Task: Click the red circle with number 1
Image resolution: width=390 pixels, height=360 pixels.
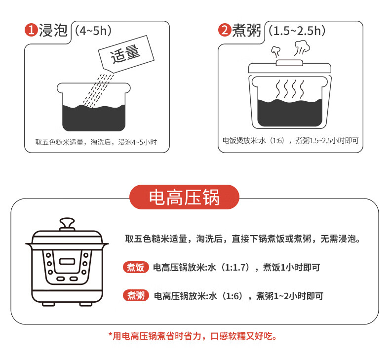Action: point(31,30)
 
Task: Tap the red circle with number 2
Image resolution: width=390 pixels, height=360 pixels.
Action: point(225,30)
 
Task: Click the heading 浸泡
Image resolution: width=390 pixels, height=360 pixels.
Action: point(53,30)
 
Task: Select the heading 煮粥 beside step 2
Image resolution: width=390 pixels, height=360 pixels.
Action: point(246,30)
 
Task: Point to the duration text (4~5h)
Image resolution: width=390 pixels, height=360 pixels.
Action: point(93,31)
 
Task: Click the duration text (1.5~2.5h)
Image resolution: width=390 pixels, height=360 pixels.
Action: point(297,31)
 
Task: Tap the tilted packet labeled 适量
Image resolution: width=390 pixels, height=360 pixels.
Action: point(126,54)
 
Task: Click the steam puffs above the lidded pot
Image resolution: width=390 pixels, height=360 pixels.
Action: point(290,48)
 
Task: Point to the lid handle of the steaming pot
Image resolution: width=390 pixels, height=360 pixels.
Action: point(289,63)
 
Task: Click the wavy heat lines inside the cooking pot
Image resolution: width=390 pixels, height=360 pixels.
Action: point(290,89)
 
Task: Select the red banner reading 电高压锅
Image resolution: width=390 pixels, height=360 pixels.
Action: point(184,197)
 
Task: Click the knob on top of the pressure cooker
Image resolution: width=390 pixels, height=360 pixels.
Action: point(67,224)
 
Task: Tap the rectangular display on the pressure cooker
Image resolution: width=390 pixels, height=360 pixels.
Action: point(67,261)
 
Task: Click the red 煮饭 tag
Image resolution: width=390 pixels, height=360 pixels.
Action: point(136,268)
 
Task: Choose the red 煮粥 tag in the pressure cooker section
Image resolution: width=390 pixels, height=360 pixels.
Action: point(136,296)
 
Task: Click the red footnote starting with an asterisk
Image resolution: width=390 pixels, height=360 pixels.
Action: point(193,336)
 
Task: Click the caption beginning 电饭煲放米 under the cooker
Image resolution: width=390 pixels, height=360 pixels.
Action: point(290,141)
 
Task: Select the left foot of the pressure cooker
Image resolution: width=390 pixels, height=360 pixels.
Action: point(48,304)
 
